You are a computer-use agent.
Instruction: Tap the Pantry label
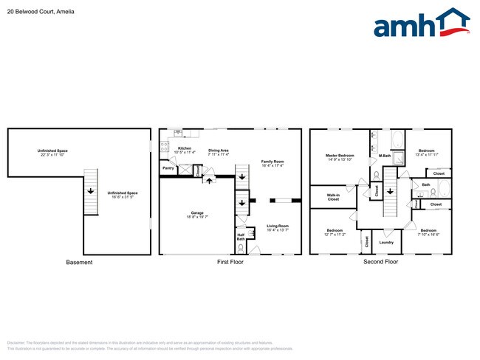(168, 168)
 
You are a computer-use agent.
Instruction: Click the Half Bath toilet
(241, 247)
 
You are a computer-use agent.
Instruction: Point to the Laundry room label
(385, 242)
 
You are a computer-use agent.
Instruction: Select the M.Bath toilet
(377, 176)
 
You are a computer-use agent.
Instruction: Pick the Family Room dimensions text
(272, 165)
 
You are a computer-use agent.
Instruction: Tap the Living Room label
(277, 226)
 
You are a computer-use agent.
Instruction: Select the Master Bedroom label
(340, 155)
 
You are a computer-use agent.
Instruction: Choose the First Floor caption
(230, 262)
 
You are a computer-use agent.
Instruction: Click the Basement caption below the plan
(79, 262)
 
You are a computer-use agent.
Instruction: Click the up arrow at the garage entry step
(208, 179)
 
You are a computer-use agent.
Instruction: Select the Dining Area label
(218, 150)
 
